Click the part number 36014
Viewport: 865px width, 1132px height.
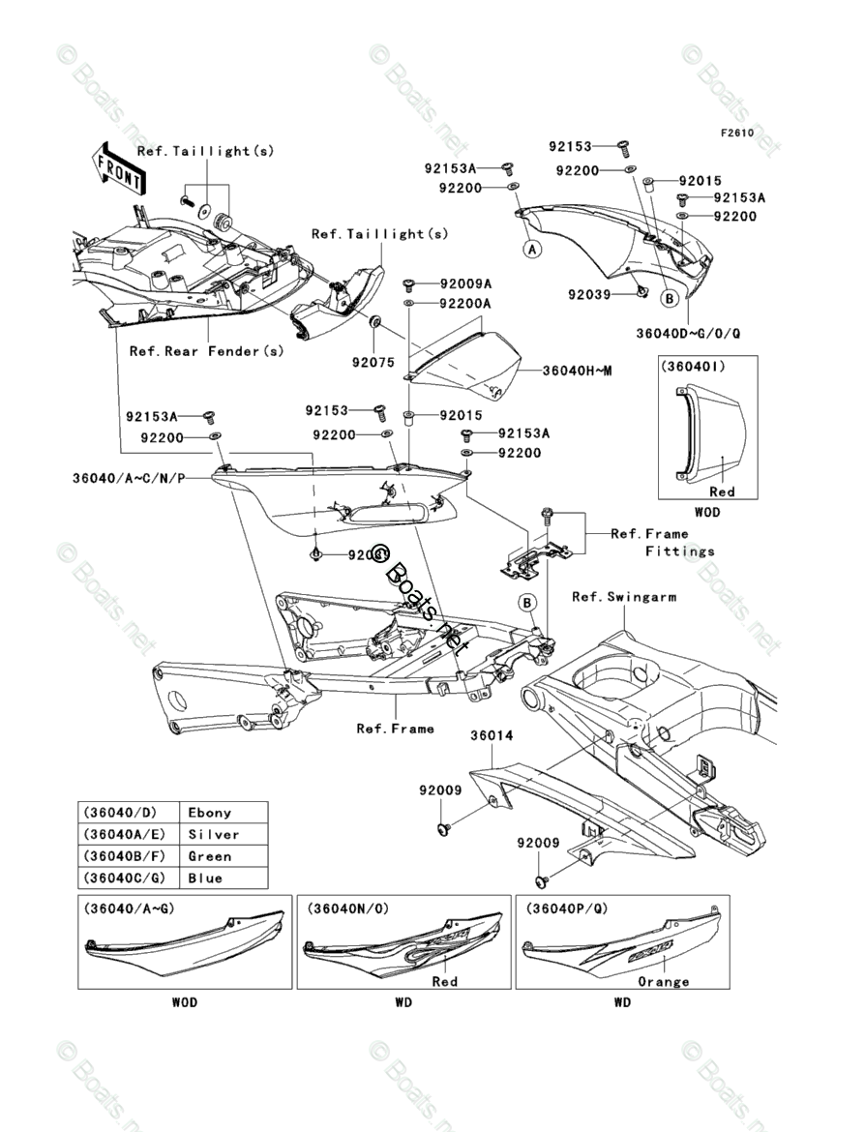tap(492, 735)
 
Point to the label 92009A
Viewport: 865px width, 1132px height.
tap(465, 284)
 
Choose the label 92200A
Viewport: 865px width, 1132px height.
tap(465, 304)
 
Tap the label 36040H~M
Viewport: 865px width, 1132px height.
tap(578, 371)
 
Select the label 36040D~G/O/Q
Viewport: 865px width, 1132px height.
tap(688, 333)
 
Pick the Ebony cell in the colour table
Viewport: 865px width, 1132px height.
tap(210, 813)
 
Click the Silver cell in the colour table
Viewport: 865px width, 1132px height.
tap(214, 834)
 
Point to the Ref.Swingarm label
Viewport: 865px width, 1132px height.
tap(624, 597)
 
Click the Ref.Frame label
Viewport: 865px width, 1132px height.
tap(395, 729)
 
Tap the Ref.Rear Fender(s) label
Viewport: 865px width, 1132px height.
tap(207, 351)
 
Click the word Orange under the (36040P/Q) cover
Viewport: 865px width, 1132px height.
tap(664, 981)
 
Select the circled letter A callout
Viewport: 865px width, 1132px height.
tap(531, 249)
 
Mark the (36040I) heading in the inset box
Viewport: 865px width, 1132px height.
tap(694, 368)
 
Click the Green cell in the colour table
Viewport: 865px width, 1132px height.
tap(210, 856)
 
